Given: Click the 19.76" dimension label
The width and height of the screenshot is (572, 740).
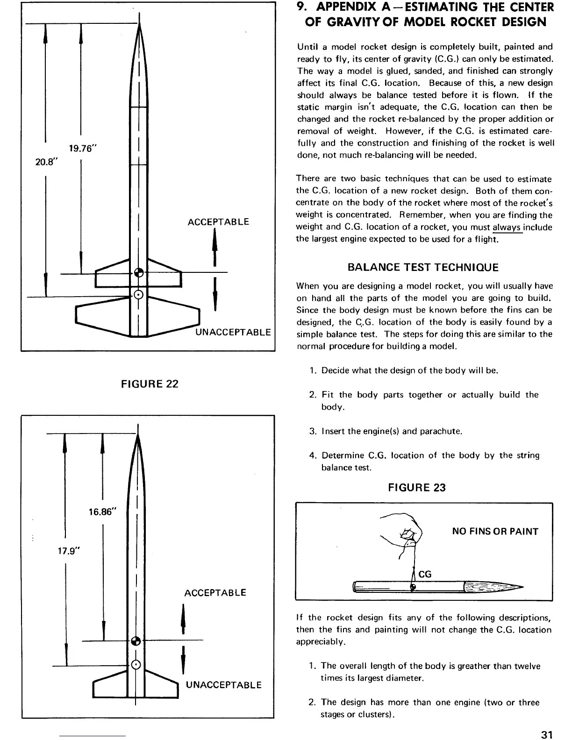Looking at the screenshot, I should coord(82,149).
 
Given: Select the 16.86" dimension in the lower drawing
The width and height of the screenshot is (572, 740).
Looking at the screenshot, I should coord(101,512).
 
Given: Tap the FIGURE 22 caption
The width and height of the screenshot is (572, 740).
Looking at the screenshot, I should coord(150,384).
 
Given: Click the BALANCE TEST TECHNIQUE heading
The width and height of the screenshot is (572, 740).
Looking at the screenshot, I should coord(423,268).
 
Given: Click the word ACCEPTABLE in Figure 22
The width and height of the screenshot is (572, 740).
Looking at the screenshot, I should coord(218,222).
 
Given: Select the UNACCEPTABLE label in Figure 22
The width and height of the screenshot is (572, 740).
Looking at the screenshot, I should coord(233,332).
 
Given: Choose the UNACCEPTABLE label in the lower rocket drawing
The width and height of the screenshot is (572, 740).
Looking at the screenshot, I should coord(223,685).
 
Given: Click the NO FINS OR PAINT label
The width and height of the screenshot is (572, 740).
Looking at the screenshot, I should coord(495,532).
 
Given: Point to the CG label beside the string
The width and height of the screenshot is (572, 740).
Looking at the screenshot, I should coord(425,574).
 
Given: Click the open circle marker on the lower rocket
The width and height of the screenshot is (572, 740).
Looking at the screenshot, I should coord(136,664).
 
